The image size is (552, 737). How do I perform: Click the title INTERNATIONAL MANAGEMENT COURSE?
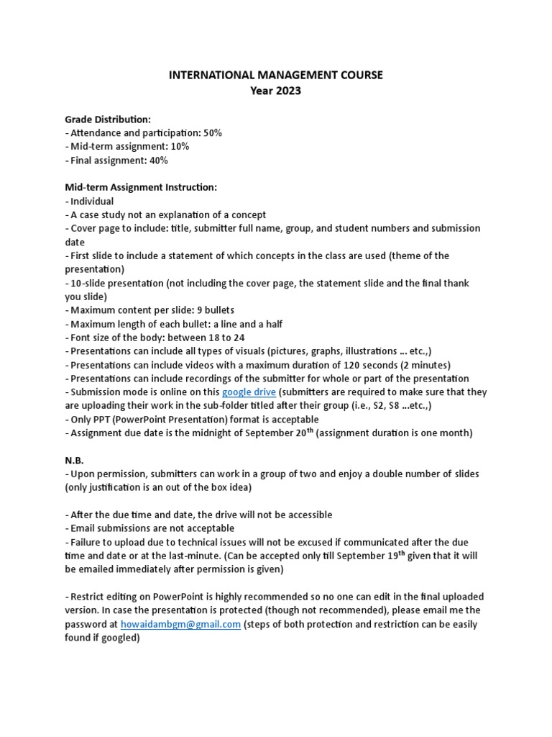[276, 75]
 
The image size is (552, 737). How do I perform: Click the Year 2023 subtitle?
[276, 91]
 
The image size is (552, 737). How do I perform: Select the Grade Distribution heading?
[108, 119]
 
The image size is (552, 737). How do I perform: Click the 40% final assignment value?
[157, 160]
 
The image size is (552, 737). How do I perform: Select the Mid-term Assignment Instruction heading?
[141, 187]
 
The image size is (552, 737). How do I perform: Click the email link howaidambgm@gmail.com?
[180, 624]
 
